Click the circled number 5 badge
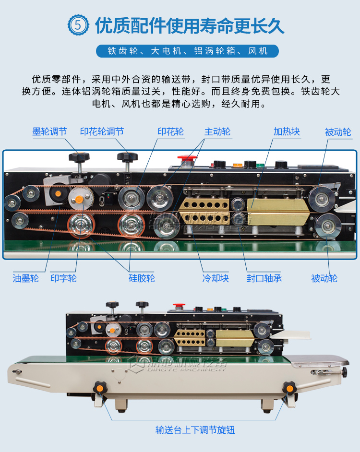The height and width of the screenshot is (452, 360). (x=78, y=25)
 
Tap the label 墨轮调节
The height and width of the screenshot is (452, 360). (x=49, y=132)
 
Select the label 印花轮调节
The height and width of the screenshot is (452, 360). (x=102, y=132)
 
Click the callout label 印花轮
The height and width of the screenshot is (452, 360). (x=170, y=132)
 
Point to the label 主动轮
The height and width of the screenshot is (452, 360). (x=217, y=132)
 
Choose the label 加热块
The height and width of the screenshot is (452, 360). (x=287, y=132)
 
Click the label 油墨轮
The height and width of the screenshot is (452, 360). (x=25, y=278)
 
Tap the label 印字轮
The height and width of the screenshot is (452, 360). (x=63, y=278)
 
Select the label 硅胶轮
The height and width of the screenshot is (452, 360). (x=142, y=278)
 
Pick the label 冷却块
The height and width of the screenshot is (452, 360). (x=216, y=278)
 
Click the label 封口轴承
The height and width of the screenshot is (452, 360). (x=264, y=278)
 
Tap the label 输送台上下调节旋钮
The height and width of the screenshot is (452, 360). (x=195, y=430)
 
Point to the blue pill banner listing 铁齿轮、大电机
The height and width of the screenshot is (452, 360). (x=188, y=51)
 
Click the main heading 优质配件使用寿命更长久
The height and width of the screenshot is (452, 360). (x=190, y=26)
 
